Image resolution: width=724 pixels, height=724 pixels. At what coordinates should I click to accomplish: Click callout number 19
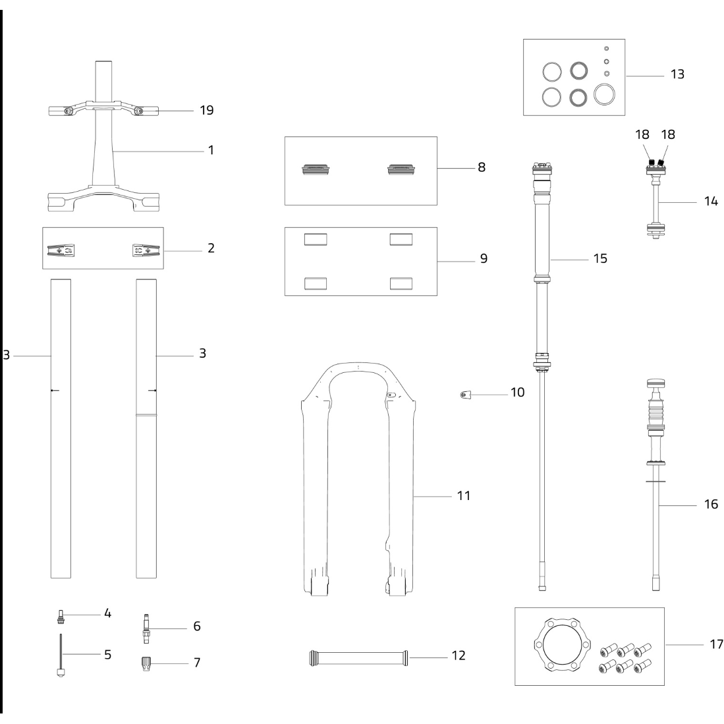tap(206, 111)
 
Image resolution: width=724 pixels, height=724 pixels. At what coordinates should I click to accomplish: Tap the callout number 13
tap(677, 74)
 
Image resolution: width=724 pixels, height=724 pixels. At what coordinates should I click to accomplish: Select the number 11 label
tap(464, 495)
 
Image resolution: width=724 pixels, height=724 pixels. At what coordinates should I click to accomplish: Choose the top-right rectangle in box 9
tap(401, 238)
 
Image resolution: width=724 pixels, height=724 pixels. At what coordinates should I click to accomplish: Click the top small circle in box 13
tap(607, 48)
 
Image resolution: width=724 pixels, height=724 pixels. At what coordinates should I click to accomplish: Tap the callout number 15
tap(599, 259)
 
